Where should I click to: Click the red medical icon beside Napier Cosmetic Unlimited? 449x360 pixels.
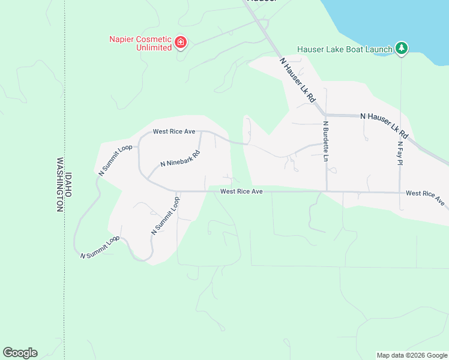tap(181, 43)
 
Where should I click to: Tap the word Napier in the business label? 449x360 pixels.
tap(122, 39)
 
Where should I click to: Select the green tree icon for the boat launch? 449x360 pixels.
tap(401, 48)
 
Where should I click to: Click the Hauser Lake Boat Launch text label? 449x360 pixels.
tap(345, 49)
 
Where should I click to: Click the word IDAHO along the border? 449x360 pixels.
tap(68, 185)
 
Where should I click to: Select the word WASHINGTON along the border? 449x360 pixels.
tap(60, 185)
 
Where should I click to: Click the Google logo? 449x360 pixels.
tap(20, 353)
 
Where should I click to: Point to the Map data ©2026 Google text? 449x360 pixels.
tap(411, 355)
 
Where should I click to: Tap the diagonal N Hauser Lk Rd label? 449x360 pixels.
tap(298, 80)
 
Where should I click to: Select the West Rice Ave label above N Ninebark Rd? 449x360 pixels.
tap(174, 131)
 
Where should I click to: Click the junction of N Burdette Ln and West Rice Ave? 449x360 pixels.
tap(326, 192)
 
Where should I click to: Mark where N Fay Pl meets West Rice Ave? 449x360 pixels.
tap(400, 193)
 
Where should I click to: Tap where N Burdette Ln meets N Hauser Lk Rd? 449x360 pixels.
tap(325, 114)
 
